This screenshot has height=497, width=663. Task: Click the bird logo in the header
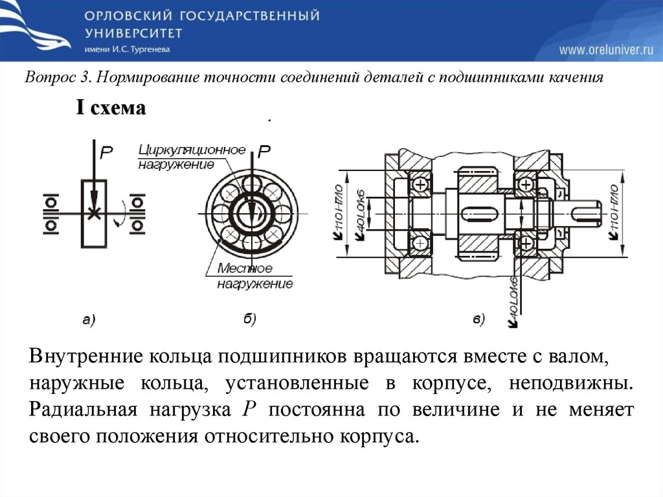[x=36, y=29]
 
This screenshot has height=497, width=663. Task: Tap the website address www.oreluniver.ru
[x=605, y=50]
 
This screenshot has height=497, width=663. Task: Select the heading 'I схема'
[x=111, y=108]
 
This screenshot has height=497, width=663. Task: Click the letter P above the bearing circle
[x=264, y=152]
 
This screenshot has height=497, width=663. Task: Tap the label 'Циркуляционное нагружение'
[x=191, y=157]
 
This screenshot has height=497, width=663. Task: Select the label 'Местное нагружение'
[x=253, y=276]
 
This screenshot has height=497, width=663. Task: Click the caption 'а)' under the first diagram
[x=89, y=318]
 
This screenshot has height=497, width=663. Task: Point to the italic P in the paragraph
[x=249, y=410]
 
